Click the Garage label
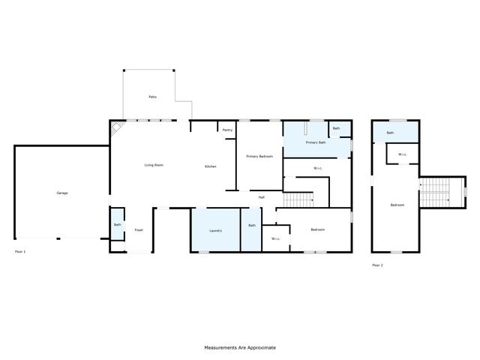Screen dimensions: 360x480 coord(62,193)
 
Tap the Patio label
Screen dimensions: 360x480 coord(152,97)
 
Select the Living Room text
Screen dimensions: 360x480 coord(154,165)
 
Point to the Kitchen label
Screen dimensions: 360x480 coord(211,166)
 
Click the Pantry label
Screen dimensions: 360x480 coord(227,130)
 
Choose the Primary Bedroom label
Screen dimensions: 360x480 coord(259,156)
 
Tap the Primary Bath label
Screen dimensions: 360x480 coord(315,142)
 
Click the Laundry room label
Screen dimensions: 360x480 coord(215,231)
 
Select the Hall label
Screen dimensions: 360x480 coord(262,197)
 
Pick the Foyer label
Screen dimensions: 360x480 coord(139,229)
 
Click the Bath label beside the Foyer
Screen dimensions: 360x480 coord(118,224)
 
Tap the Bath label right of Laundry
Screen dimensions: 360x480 coord(252,225)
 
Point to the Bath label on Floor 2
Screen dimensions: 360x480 coord(390,133)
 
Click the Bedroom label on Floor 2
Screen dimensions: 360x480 coord(397,205)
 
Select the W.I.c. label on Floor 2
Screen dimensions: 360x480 coord(403,154)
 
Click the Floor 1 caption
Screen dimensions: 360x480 coord(19,251)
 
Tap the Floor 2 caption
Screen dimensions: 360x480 coord(377,265)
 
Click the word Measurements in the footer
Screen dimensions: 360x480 coord(222,348)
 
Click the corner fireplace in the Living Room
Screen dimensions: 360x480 coord(117,130)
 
